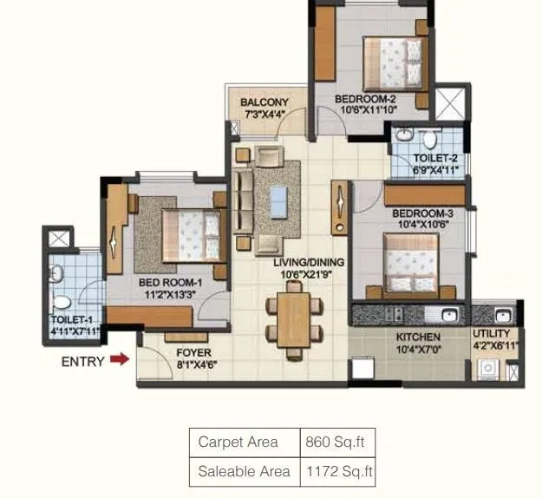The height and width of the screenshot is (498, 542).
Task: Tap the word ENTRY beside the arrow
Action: click(x=83, y=361)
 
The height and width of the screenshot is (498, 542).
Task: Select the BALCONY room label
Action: click(x=264, y=102)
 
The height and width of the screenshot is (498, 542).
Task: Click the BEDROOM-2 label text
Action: click(x=365, y=99)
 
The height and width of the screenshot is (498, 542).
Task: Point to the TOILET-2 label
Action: click(x=434, y=159)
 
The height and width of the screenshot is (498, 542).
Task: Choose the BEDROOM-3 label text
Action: click(x=422, y=213)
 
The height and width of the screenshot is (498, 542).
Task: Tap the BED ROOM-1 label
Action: click(x=170, y=282)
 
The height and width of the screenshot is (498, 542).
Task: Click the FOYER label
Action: click(x=193, y=353)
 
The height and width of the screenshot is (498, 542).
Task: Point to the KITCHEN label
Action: click(x=419, y=337)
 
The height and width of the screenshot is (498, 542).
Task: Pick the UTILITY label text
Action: click(x=491, y=334)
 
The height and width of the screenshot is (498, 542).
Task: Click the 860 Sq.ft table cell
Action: click(x=336, y=442)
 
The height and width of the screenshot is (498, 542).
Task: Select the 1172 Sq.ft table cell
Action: click(x=338, y=471)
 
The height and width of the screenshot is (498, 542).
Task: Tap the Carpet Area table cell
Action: click(x=238, y=442)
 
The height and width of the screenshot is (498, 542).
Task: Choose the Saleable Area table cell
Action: click(x=245, y=471)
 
